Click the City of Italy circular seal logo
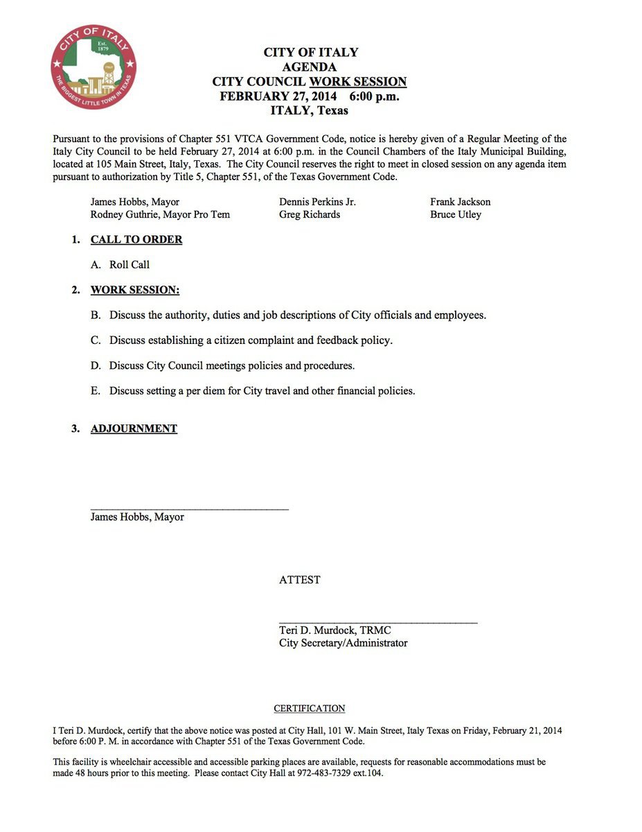click(x=94, y=67)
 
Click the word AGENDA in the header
click(x=310, y=67)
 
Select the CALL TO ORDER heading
click(x=136, y=240)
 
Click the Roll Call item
click(x=130, y=265)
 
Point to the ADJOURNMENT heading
click(x=134, y=428)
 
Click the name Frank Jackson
click(x=460, y=202)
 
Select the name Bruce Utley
click(x=456, y=214)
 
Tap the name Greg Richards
click(x=310, y=214)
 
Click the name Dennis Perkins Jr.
click(x=317, y=202)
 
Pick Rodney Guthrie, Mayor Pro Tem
click(x=160, y=214)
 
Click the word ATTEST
click(x=300, y=580)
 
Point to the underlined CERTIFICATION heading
click(x=310, y=709)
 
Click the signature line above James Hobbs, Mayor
click(x=189, y=510)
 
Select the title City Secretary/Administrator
click(x=343, y=643)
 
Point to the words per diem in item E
click(x=207, y=391)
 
